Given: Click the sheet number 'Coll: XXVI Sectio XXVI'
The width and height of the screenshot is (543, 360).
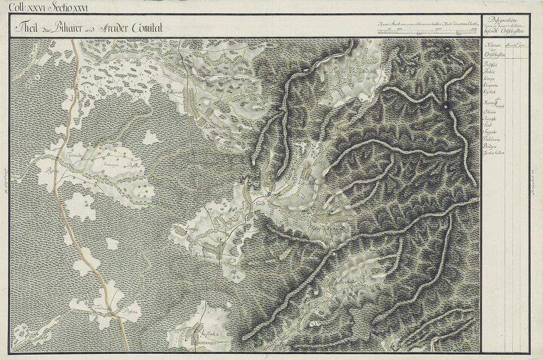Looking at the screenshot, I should click(45, 7).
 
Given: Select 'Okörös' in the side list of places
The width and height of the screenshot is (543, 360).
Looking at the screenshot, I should click(490, 112).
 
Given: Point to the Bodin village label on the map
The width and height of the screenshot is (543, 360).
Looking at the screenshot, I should click(203, 127).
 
